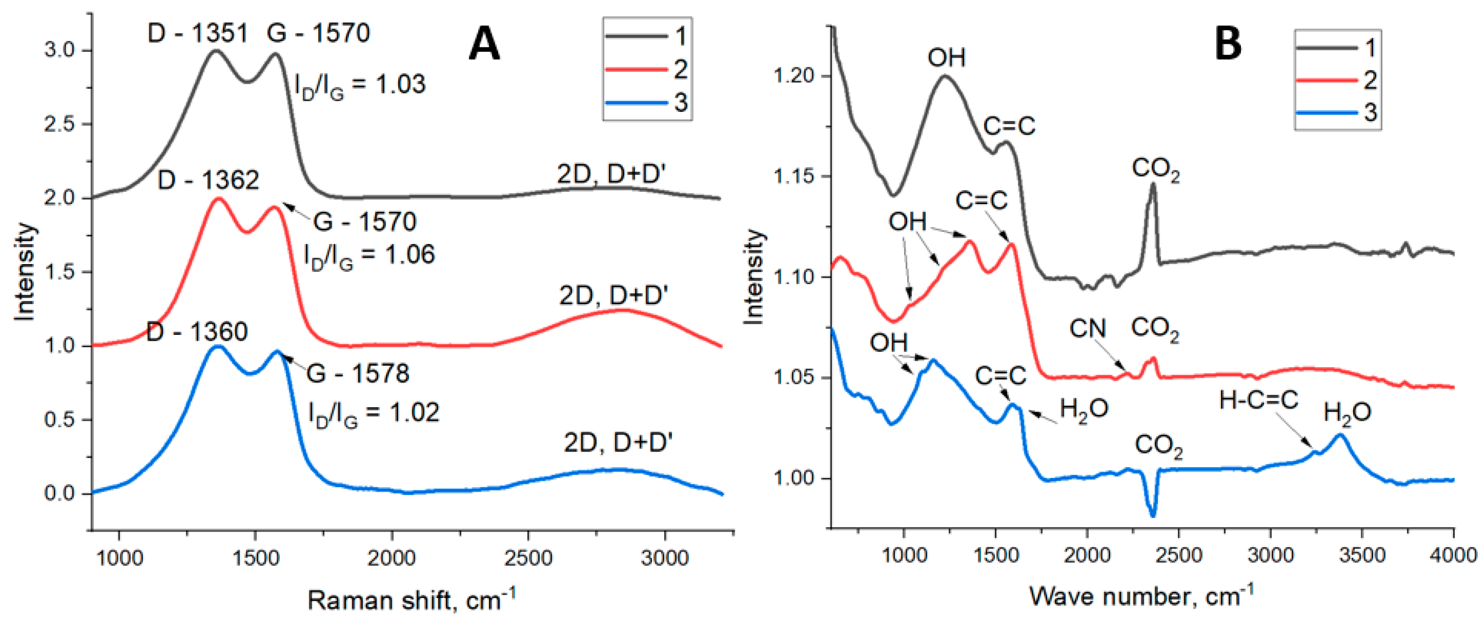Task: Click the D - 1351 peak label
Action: click(x=197, y=33)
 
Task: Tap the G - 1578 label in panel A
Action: click(x=358, y=374)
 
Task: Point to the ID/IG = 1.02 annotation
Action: click(x=374, y=413)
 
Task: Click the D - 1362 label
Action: click(x=208, y=181)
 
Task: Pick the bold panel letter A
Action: click(x=484, y=45)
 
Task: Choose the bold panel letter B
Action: click(x=1227, y=45)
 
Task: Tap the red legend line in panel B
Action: click(x=1326, y=80)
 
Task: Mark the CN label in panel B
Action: click(x=1087, y=329)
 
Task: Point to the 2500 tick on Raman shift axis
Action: click(x=528, y=557)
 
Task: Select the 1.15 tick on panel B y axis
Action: click(x=796, y=177)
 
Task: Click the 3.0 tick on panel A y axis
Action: click(x=60, y=51)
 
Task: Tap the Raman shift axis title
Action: click(x=411, y=600)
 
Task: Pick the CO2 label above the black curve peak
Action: click(x=1156, y=170)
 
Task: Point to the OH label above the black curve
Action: click(x=946, y=58)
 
